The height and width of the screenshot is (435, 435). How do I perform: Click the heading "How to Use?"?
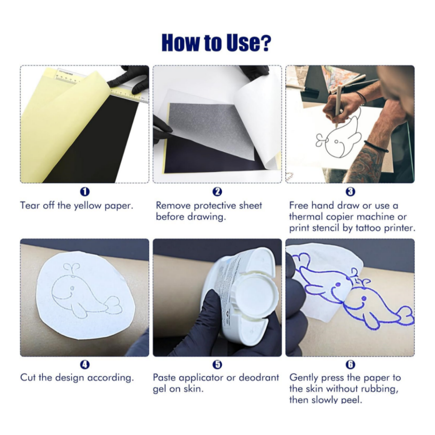click(217, 43)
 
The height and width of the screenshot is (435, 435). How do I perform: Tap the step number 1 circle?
click(85, 192)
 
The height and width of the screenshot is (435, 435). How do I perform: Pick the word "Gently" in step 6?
click(303, 378)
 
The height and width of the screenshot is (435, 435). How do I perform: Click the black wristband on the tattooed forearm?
click(376, 146)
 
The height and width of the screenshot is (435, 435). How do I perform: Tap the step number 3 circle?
click(350, 192)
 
